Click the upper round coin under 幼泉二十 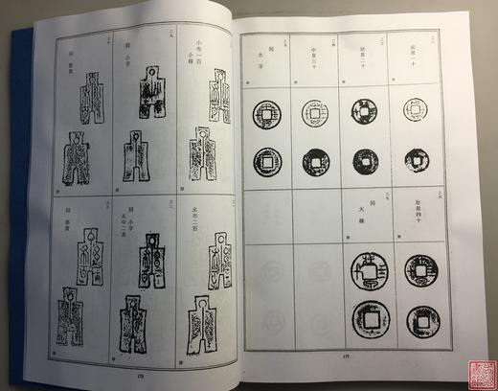click(363, 111)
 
